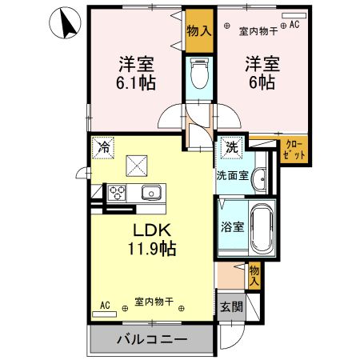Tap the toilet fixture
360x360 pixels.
coord(199,75)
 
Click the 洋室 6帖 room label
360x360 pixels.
coord(261,72)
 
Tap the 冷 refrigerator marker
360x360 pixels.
coord(103,146)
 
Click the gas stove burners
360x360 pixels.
coord(118,193)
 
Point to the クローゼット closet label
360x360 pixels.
coord(294,150)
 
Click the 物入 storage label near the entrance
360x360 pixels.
coord(254,275)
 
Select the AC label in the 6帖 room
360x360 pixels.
coord(293,25)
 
